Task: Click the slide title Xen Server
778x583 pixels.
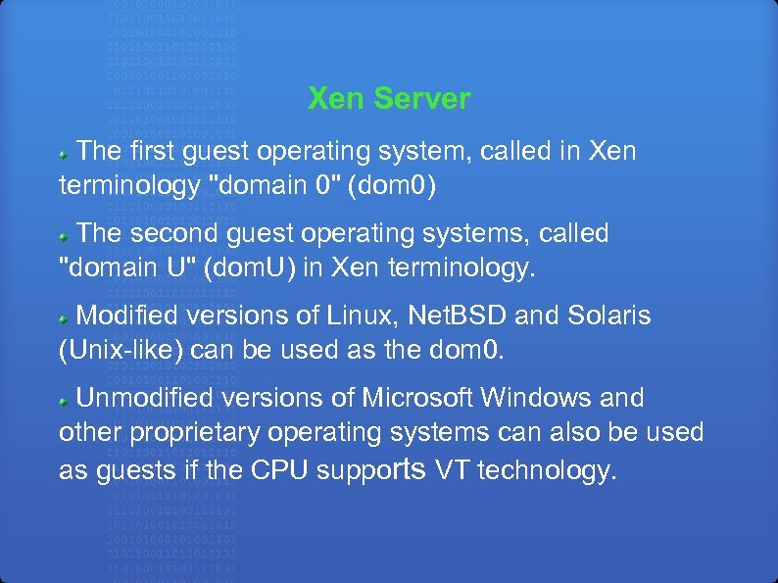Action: point(389,99)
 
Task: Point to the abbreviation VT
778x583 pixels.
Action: point(452,470)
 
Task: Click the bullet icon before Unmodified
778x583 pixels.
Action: point(66,401)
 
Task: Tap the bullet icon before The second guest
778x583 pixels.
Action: point(66,236)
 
